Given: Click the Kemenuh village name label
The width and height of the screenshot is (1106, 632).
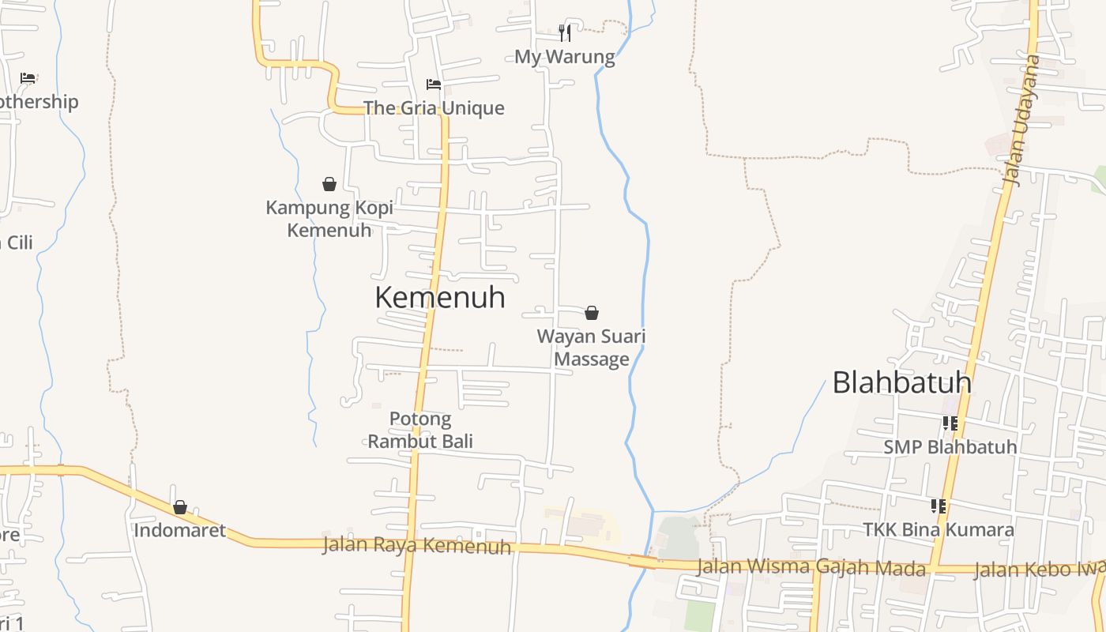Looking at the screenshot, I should (x=439, y=298).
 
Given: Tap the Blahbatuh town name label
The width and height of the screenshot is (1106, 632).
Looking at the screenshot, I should (x=901, y=382).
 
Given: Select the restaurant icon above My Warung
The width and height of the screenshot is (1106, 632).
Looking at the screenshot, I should (x=565, y=32).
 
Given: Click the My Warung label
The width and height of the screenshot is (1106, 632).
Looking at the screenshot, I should (x=564, y=57).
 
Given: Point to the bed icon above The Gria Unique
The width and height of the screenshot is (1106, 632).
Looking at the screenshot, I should (x=433, y=85).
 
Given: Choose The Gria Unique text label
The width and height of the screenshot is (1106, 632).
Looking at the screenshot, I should (x=433, y=108).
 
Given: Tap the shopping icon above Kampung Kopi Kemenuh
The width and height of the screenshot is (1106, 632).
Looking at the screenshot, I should (x=329, y=184).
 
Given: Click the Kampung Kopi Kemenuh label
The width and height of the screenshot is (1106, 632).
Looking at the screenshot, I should (x=329, y=219).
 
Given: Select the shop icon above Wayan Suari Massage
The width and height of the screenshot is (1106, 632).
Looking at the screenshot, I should (x=592, y=313).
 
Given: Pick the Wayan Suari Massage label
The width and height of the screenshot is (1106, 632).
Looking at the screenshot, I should (x=592, y=348).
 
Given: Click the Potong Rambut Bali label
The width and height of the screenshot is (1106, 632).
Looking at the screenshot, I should (x=420, y=430).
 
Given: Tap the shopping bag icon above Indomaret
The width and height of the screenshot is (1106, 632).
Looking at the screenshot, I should (x=180, y=507).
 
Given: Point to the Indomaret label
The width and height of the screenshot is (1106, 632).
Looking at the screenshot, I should (x=180, y=531).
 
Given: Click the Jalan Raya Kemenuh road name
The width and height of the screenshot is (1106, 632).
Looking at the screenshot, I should (x=416, y=545).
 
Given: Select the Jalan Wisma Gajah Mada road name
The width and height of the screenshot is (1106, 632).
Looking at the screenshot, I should (x=811, y=567).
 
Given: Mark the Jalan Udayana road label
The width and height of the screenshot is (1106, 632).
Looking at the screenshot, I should (x=1022, y=120).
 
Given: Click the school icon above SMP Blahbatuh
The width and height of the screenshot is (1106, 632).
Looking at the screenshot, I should (x=950, y=423).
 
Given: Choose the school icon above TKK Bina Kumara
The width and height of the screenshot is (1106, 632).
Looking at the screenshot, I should (x=939, y=506).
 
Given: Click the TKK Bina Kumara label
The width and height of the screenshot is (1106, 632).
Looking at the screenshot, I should (x=939, y=529).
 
